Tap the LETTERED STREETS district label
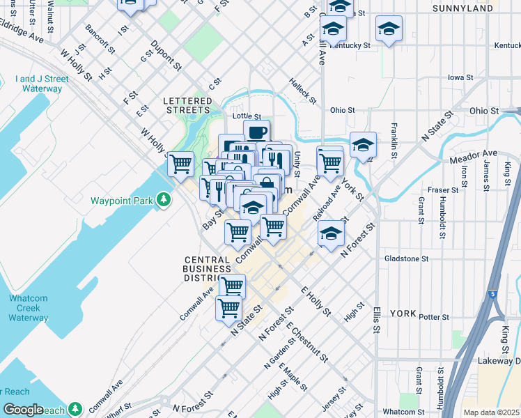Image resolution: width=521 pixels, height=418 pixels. tap(187, 105)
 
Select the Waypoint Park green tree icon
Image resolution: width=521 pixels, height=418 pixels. tap(163, 201)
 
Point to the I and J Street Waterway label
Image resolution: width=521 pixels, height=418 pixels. tap(42, 84)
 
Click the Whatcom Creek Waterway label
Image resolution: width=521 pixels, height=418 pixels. tap(29, 308)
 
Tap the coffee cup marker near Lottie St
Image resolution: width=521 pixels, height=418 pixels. tap(256, 132)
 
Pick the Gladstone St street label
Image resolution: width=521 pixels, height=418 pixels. tap(406, 258)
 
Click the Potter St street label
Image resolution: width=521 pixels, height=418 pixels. tap(435, 317)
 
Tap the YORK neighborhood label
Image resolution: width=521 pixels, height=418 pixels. tap(402, 313)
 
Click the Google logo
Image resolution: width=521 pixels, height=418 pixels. tap(23, 410)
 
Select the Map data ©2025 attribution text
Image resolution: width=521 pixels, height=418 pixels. tap(492, 412)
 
